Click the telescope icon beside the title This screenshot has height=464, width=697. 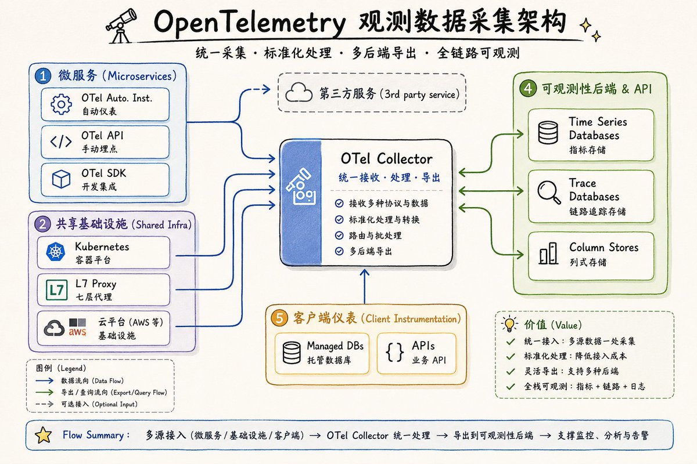coord(121,26)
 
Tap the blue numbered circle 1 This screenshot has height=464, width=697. coord(43,76)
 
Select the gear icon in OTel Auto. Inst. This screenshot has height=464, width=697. coord(61,104)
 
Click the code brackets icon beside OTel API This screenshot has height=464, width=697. coord(61,142)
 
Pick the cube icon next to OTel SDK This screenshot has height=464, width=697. coord(61,179)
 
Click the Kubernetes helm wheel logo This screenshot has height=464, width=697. coord(56,251)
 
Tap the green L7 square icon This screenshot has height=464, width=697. coord(57,290)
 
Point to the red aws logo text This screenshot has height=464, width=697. coord(77,332)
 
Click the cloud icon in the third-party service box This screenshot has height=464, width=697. coord(299,92)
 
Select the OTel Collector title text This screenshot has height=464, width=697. coord(386,159)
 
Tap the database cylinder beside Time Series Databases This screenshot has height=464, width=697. coord(548,132)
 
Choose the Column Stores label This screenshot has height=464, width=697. coord(603,248)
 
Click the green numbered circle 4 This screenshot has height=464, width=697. coord(528,88)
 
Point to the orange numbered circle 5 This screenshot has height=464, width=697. coord(279,318)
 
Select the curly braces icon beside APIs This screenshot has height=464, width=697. coord(394,353)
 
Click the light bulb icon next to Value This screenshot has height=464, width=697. coord(509,324)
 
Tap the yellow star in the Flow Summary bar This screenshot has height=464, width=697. coord(43,435)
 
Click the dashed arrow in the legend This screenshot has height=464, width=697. coord(45,404)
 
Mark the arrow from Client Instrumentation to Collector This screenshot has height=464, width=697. coord(364,287)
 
